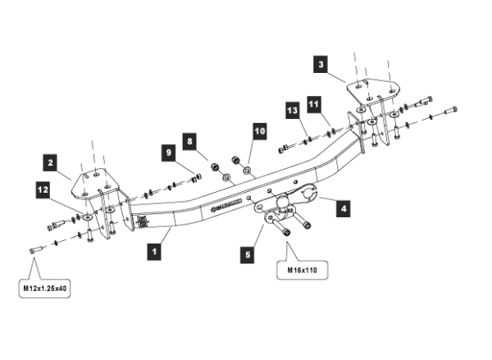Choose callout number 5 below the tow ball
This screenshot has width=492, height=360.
click(x=245, y=254)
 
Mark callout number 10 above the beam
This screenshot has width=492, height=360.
click(x=259, y=130)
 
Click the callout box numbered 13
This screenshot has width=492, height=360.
click(x=290, y=109)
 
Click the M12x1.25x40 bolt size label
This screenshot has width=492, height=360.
click(x=45, y=288)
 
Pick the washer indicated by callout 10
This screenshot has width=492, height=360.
click(x=247, y=170)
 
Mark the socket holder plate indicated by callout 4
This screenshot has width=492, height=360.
click(x=307, y=195)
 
